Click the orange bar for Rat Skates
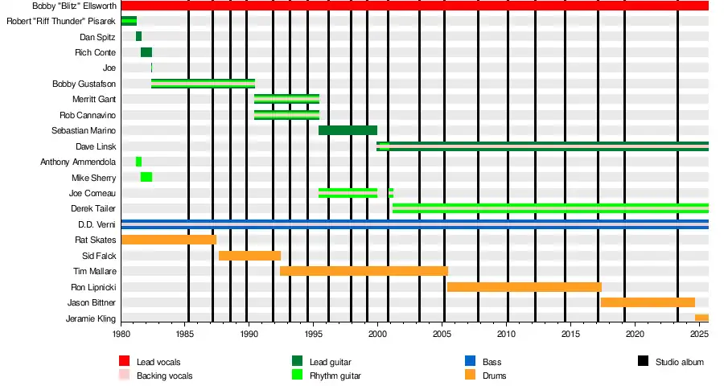click(169, 240)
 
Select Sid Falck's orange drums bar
click(249, 256)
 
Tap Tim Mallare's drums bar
click(364, 271)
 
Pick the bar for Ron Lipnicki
click(524, 287)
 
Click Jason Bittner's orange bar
click(648, 302)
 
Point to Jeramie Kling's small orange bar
click(701, 318)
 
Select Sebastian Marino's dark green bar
click(348, 130)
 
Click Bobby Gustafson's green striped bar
click(203, 84)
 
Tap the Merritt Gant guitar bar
click(286, 99)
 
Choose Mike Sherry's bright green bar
click(146, 177)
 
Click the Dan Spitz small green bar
click(138, 36)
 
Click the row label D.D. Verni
click(97, 224)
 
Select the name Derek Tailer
click(94, 209)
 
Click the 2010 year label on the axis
click(506, 333)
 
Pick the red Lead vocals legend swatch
click(125, 362)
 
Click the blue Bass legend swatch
click(471, 362)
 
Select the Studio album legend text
click(679, 362)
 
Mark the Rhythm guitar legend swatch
click(298, 375)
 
